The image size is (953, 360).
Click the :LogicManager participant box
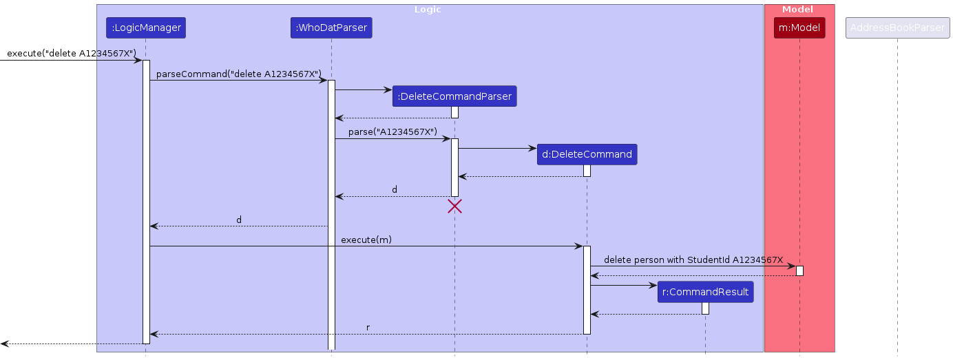(x=145, y=28)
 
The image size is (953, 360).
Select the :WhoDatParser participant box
(x=331, y=28)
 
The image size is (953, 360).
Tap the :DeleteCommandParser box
(x=454, y=96)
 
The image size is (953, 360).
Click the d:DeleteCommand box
(x=587, y=154)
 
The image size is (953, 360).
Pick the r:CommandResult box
(x=705, y=292)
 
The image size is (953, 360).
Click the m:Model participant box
(x=799, y=28)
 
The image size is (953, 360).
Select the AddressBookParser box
(x=897, y=28)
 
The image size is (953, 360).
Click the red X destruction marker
(x=454, y=206)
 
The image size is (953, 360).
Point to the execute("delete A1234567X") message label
(x=72, y=53)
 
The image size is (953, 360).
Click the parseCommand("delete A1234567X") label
(x=239, y=74)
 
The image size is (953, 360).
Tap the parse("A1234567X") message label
(x=392, y=131)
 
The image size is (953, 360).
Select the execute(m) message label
(x=366, y=239)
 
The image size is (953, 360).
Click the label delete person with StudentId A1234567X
(x=693, y=260)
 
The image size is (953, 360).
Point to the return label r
(x=368, y=327)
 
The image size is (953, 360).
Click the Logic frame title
(x=427, y=10)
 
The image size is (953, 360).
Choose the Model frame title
(x=797, y=10)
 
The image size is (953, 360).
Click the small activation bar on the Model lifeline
(x=799, y=271)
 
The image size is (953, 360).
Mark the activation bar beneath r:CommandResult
(x=705, y=308)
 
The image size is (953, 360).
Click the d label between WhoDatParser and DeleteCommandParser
(x=395, y=189)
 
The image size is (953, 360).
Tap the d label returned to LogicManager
(x=239, y=220)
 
